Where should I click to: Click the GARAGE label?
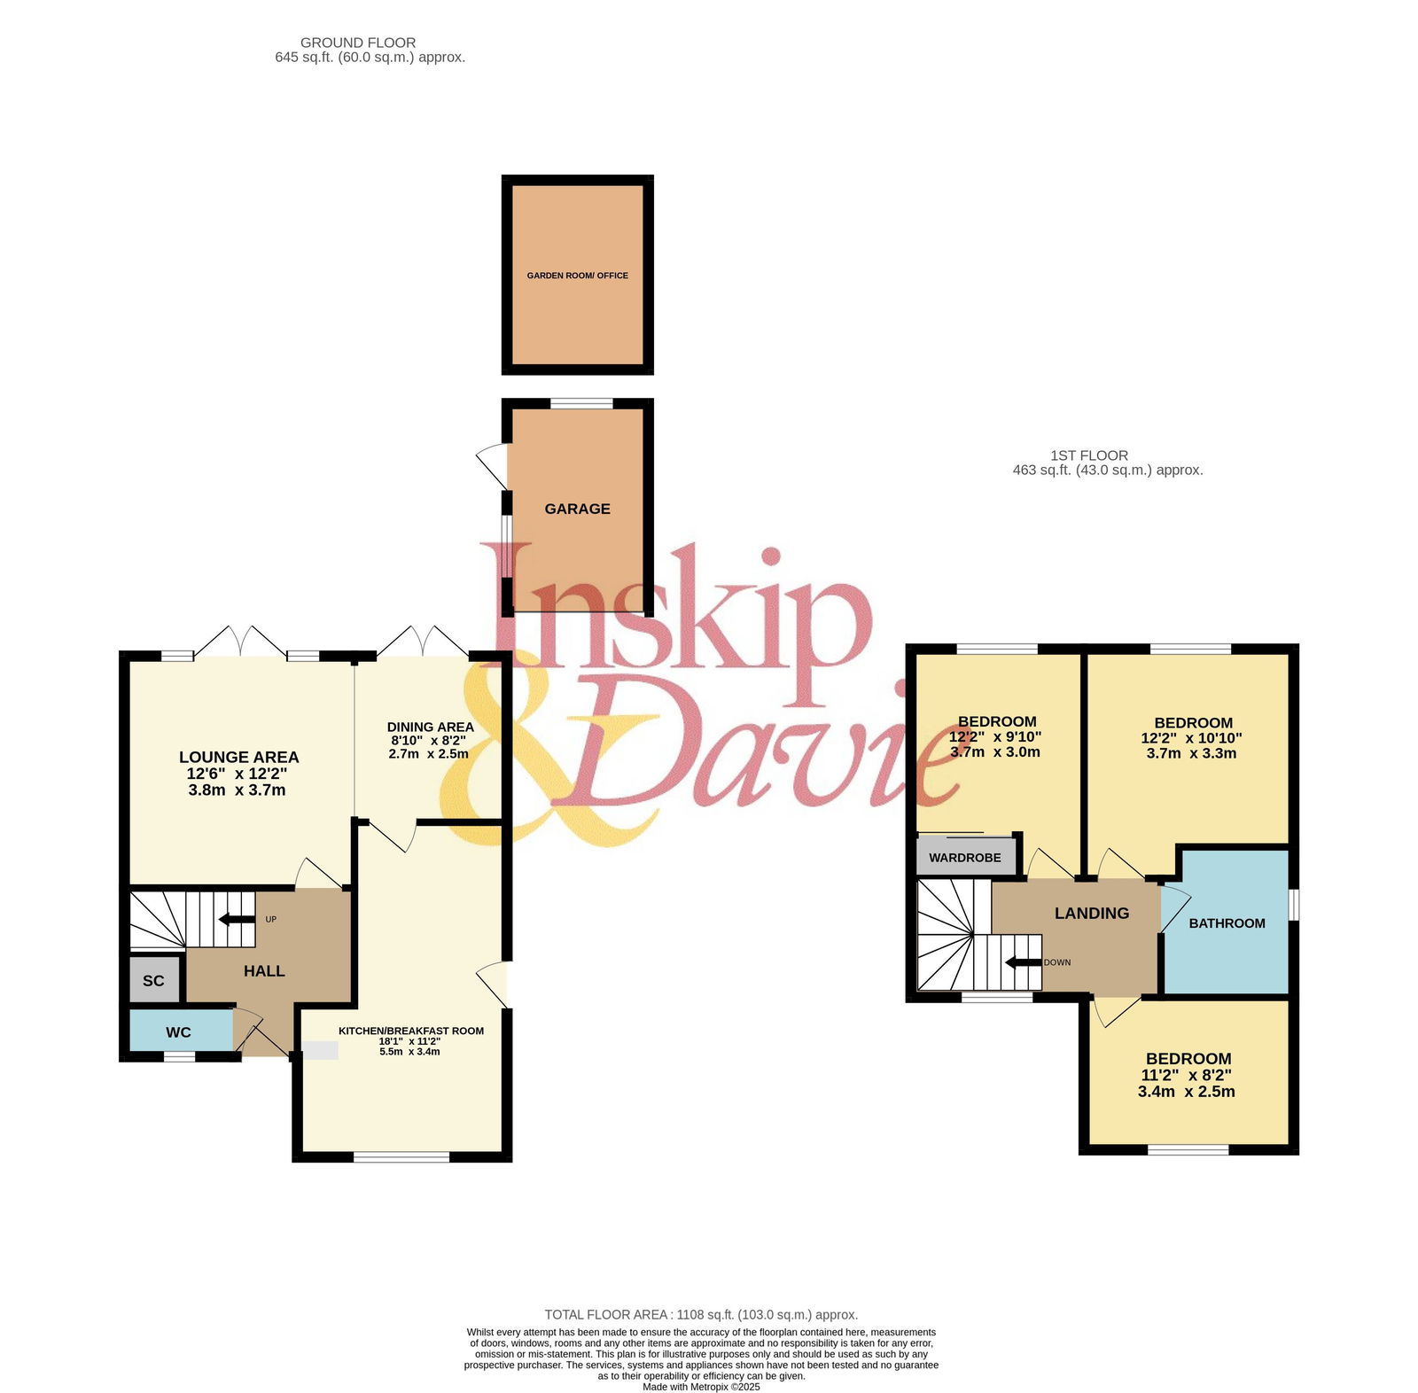tap(577, 509)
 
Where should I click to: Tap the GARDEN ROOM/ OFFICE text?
tap(578, 276)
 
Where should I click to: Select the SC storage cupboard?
tap(154, 980)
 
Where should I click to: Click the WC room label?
tap(178, 1032)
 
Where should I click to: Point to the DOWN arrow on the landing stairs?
tap(1023, 962)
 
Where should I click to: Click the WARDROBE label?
tap(965, 858)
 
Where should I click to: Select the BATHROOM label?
tap(1227, 923)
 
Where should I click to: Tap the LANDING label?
tap(1092, 913)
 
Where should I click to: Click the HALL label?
tap(264, 971)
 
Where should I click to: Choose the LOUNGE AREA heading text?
tap(239, 757)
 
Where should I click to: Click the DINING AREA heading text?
tap(431, 727)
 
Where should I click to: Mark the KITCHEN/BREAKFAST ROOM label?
tap(411, 1031)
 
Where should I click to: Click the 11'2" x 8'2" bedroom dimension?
tap(1187, 1075)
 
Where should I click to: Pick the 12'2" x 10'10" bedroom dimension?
tap(1192, 737)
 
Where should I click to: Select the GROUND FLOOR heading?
tap(358, 43)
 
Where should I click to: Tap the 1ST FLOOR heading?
tap(1089, 455)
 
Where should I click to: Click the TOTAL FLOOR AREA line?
tap(701, 1315)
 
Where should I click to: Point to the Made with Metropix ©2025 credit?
tap(701, 1387)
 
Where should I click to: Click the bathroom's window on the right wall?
tap(1293, 905)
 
